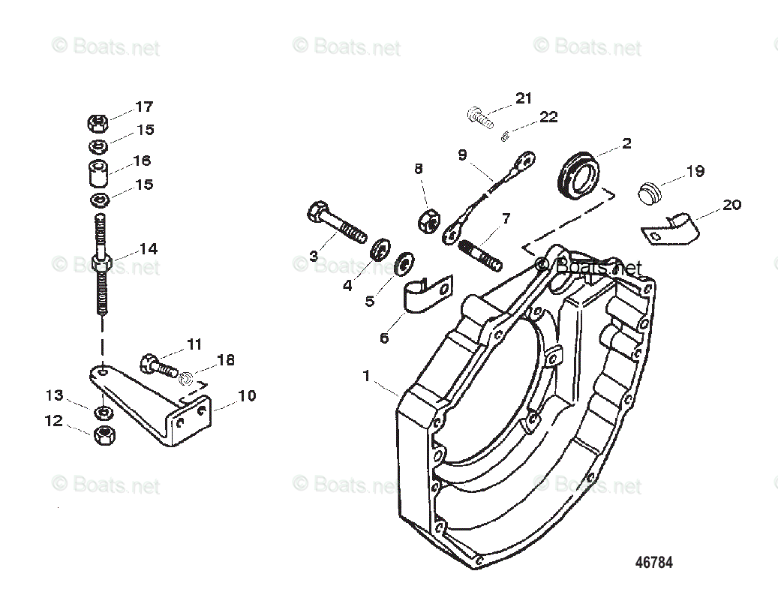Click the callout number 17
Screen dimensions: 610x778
(143, 107)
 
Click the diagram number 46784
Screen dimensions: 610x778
(654, 563)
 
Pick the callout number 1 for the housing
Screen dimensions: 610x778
(367, 376)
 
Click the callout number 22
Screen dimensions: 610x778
(548, 117)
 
